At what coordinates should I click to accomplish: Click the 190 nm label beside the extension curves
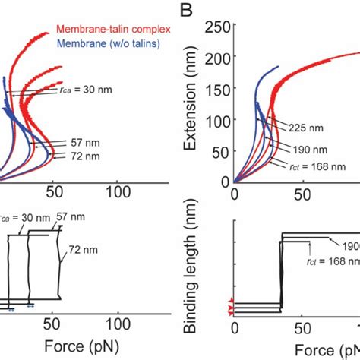coord(314,149)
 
